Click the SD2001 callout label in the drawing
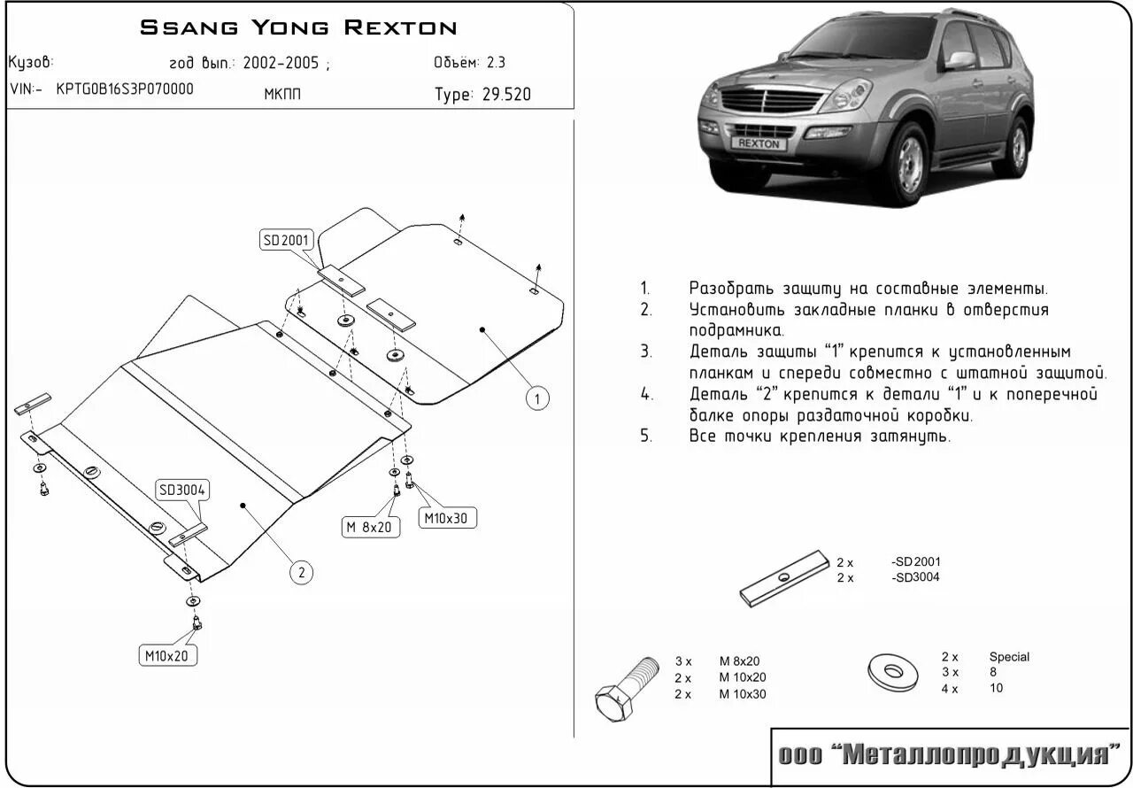pos(284,239)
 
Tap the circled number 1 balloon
pos(536,398)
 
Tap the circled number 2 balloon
pos(301,573)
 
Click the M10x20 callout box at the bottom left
pos(168,656)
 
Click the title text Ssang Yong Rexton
pos(298,27)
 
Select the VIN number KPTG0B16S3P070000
pos(125,89)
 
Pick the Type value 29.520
pos(506,95)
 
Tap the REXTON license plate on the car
pos(759,143)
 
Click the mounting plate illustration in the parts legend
pos(783,578)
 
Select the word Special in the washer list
pos(1009,657)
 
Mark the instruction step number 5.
pos(646,436)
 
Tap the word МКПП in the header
pos(282,95)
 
